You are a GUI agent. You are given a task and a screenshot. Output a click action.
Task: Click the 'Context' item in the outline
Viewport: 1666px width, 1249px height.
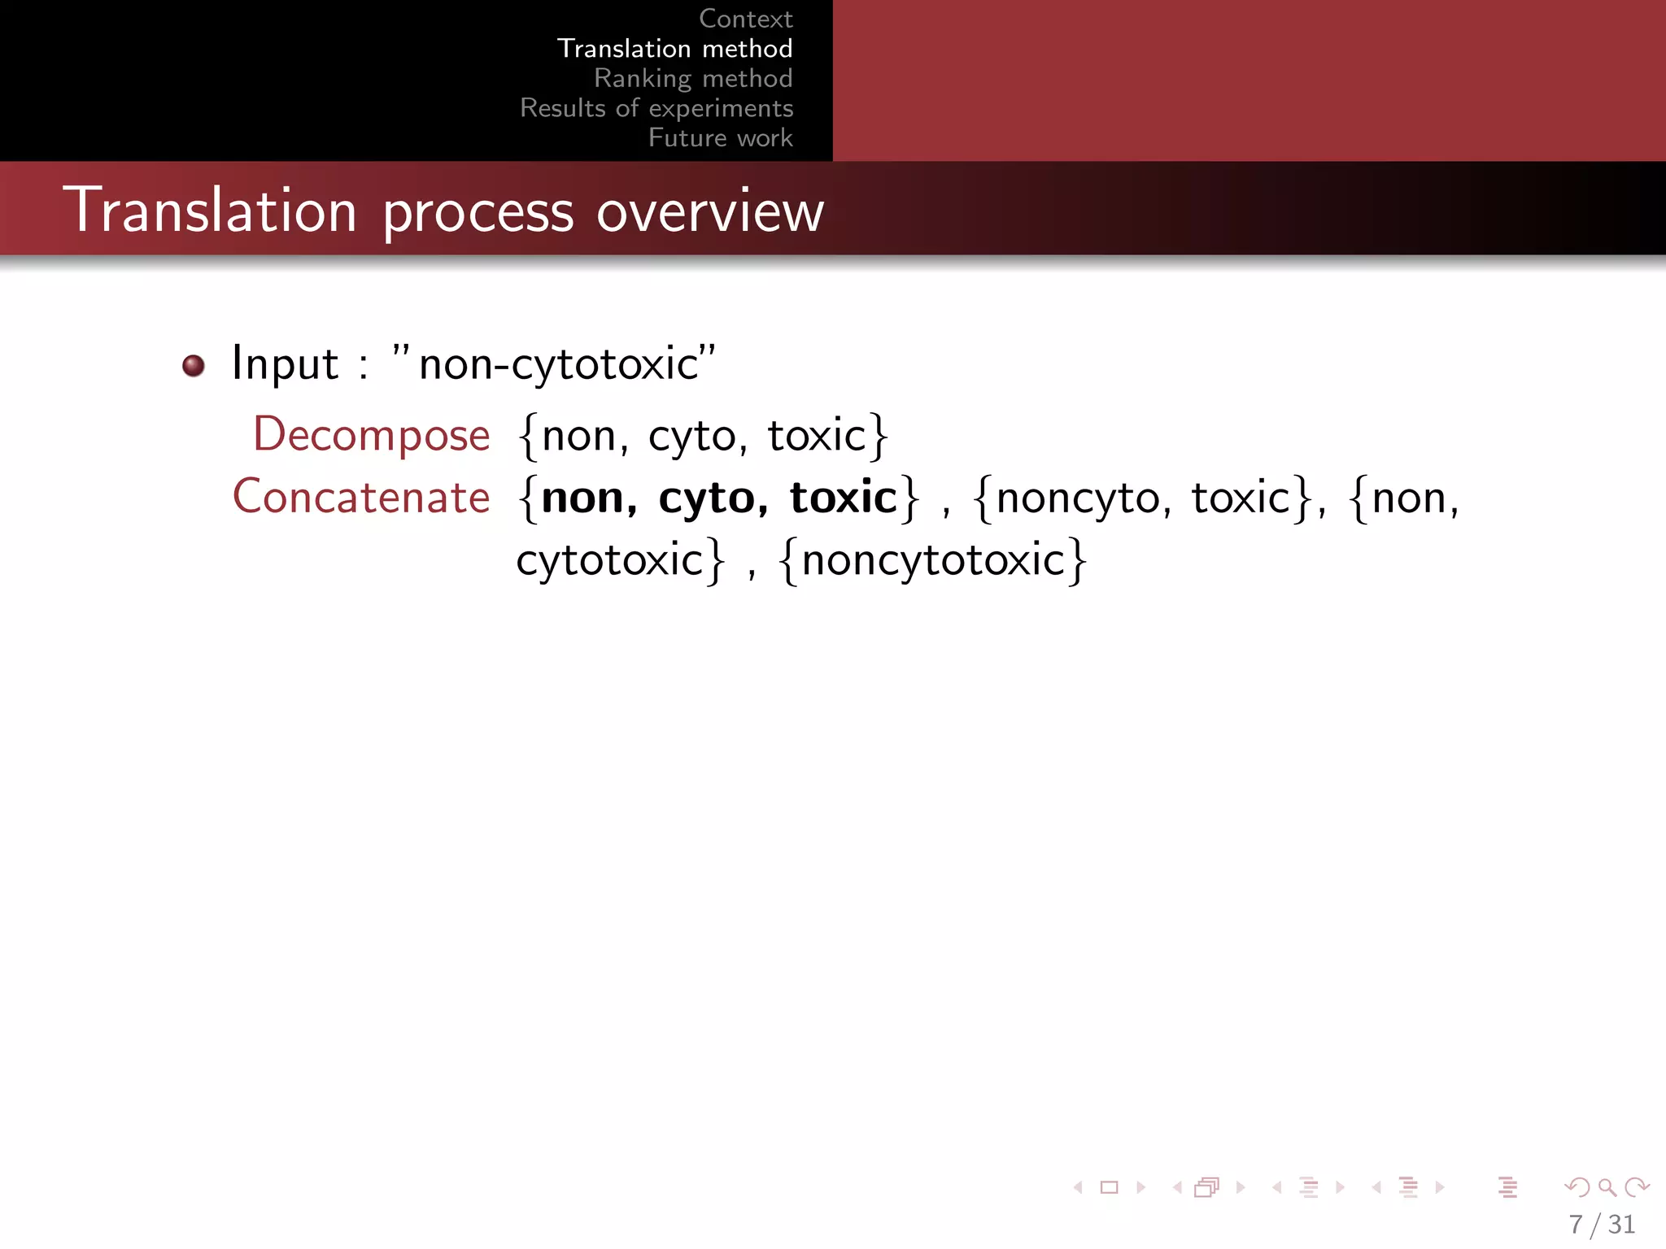point(745,19)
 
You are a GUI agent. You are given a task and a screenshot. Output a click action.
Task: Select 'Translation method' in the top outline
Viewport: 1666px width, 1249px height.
point(674,49)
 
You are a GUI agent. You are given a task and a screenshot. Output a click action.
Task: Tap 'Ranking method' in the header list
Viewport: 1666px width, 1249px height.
point(693,78)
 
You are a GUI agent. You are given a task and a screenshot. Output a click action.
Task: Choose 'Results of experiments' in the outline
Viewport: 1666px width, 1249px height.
point(656,108)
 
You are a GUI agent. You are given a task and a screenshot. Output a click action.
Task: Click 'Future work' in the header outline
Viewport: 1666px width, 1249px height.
point(720,137)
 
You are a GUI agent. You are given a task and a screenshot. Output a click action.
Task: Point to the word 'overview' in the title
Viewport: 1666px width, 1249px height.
point(710,211)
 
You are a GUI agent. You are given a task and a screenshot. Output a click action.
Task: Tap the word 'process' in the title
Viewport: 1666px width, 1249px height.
point(478,213)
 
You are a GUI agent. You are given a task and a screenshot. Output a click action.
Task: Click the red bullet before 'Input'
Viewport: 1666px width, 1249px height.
point(194,365)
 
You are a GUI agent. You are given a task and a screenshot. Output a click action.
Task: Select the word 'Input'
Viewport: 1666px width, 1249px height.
point(285,363)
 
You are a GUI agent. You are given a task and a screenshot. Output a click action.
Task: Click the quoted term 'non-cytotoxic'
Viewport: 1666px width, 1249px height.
point(558,363)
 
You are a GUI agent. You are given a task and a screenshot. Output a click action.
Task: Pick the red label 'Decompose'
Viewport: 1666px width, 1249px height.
point(372,435)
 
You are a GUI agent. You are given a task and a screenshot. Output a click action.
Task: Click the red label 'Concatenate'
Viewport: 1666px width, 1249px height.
point(361,497)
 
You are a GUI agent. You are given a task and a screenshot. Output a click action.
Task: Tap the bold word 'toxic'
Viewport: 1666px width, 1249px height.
point(843,497)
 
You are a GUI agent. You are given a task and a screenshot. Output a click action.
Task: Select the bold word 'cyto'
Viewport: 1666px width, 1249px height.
point(706,498)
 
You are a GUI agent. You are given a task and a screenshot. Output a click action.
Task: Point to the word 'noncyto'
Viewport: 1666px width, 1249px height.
point(1077,498)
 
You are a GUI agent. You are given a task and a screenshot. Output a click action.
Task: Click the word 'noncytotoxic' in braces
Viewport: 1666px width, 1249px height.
point(932,560)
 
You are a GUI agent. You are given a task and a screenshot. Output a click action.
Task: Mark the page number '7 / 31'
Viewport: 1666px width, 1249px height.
point(1601,1224)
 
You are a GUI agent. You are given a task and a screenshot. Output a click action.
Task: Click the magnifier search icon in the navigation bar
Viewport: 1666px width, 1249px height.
point(1607,1187)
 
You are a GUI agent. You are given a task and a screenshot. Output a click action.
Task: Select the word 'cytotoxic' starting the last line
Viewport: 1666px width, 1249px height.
point(609,560)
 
